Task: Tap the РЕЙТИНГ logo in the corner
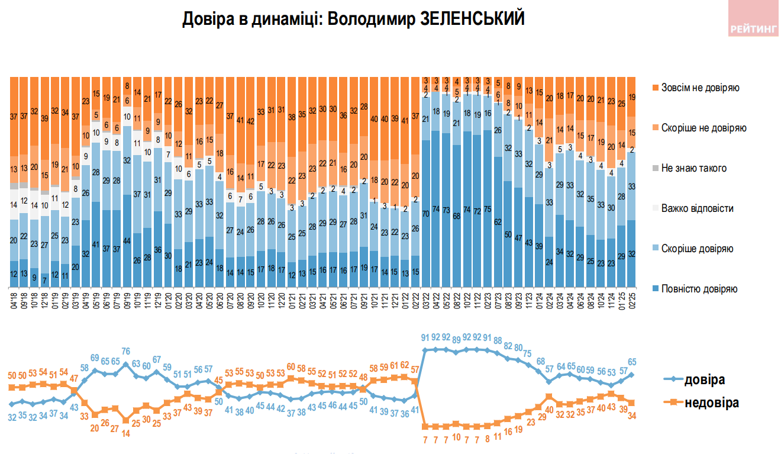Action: [753, 27]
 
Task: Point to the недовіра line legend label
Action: [712, 403]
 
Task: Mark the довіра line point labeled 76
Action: [126, 364]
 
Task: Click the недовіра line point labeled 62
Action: [405, 376]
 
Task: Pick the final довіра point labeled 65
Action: [631, 374]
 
